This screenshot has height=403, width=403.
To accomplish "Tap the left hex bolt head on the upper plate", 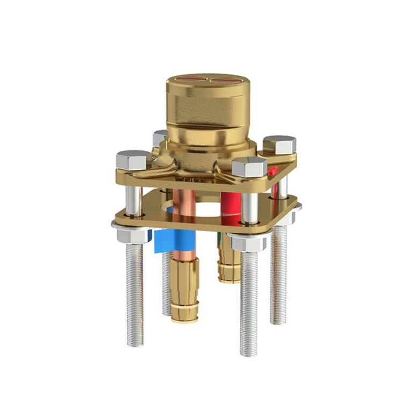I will click(133, 160).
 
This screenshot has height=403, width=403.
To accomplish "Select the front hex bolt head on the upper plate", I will click(249, 167).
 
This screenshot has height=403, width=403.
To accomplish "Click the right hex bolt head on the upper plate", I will click(279, 144).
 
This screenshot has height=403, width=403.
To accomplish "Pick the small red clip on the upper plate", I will click(272, 171).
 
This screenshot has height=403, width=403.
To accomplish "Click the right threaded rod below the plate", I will click(278, 274).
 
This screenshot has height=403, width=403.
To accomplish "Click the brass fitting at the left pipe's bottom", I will click(184, 290).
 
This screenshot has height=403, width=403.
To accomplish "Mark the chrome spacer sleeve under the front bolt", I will click(248, 207).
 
